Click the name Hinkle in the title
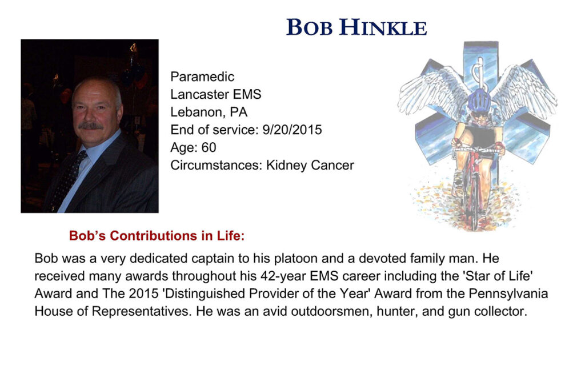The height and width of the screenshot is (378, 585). point(383,27)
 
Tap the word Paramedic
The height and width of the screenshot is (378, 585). point(202,77)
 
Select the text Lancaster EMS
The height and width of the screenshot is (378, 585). point(215,94)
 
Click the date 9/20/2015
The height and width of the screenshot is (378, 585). point(292,130)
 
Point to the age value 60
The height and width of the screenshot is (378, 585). point(209,148)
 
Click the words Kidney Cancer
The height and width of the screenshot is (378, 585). point(310,165)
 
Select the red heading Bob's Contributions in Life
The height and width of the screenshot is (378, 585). point(157,236)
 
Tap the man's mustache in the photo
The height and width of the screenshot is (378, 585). point(91,126)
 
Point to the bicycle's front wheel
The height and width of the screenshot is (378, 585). point(474,202)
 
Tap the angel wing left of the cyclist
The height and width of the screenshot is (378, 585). point(433,90)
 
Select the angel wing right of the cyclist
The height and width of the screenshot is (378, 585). point(524,91)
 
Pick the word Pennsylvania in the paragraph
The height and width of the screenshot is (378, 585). point(508,293)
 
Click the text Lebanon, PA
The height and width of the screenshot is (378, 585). point(209,112)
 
